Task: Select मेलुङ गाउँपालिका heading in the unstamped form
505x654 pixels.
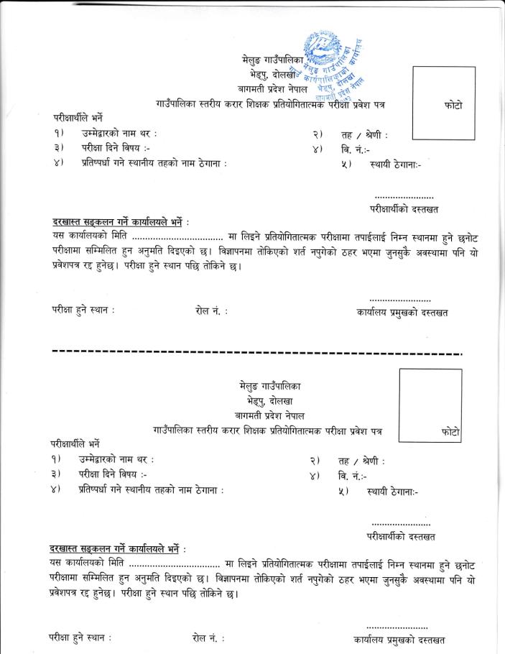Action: tap(272, 386)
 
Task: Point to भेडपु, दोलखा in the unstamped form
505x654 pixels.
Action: tap(272, 400)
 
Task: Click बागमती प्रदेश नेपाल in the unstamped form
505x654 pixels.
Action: tap(272, 415)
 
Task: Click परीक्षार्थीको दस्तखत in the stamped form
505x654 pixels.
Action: tap(404, 209)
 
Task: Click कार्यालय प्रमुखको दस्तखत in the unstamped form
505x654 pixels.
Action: tap(399, 639)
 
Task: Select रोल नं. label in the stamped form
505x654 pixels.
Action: tap(211, 311)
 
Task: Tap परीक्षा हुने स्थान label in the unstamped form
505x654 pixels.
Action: tap(80, 637)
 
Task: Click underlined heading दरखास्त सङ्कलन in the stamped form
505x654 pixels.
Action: tap(119, 222)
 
